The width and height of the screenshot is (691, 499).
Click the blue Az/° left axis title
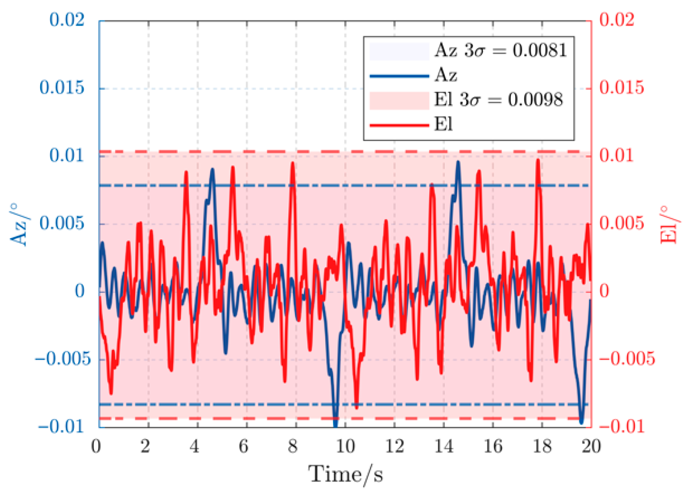[x=20, y=225]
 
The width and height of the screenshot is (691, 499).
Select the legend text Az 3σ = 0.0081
[x=501, y=50]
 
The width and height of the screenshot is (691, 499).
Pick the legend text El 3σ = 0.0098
[x=498, y=100]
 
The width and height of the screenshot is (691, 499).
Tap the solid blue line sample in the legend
[x=399, y=76]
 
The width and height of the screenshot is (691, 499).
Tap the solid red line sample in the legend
[x=399, y=125]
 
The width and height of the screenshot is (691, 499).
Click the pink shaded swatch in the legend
[x=399, y=101]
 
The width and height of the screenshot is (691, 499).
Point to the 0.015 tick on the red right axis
[x=622, y=88]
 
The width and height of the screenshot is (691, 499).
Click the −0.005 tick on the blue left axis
[x=63, y=359]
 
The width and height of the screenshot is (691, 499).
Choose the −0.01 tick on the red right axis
[x=622, y=427]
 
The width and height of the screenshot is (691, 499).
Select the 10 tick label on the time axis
[x=345, y=446]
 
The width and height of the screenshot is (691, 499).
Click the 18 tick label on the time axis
[x=542, y=446]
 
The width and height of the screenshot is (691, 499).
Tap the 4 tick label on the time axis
[x=194, y=446]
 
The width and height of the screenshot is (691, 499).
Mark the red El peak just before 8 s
[x=292, y=163]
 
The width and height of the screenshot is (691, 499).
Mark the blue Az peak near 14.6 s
[x=458, y=162]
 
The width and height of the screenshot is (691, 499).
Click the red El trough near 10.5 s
[x=357, y=408]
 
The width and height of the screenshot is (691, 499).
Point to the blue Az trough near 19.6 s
[x=582, y=423]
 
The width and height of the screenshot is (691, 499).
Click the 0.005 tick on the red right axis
[x=622, y=223]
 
